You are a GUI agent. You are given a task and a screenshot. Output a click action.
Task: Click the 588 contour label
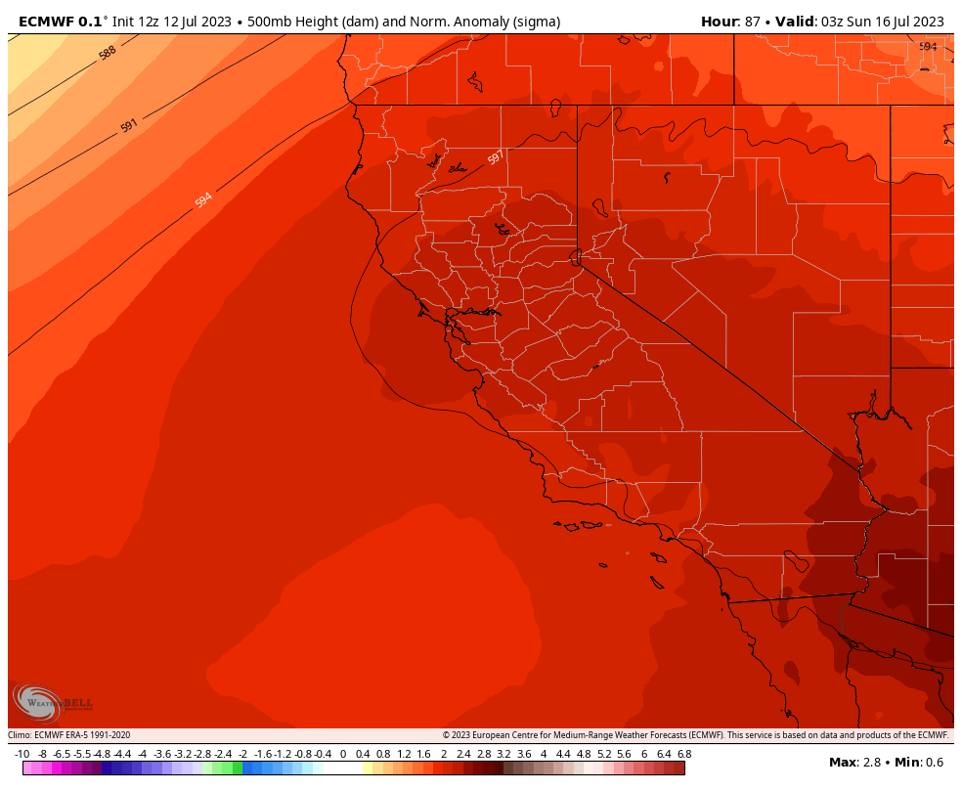click(x=108, y=53)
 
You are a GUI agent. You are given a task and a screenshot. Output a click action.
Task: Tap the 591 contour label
click(x=129, y=125)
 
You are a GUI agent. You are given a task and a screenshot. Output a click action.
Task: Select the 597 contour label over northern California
click(x=496, y=157)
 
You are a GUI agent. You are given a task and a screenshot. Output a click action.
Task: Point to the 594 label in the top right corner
click(x=928, y=47)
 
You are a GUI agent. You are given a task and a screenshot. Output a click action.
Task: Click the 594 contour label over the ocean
click(x=203, y=199)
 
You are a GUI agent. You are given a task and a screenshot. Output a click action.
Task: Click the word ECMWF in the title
click(x=48, y=21)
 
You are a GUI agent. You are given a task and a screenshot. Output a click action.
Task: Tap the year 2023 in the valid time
click(x=926, y=21)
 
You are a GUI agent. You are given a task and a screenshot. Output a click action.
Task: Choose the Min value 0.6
click(x=936, y=762)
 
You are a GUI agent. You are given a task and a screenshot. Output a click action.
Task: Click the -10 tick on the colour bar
click(x=22, y=754)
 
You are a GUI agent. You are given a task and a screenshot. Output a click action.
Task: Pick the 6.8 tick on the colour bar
click(x=684, y=754)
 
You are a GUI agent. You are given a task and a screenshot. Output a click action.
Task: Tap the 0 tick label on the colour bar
click(x=342, y=754)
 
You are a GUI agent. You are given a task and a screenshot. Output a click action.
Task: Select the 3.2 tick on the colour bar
click(x=503, y=754)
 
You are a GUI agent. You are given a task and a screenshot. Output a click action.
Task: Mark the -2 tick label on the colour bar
click(x=242, y=754)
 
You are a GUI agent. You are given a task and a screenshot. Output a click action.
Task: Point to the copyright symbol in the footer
click(x=446, y=735)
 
